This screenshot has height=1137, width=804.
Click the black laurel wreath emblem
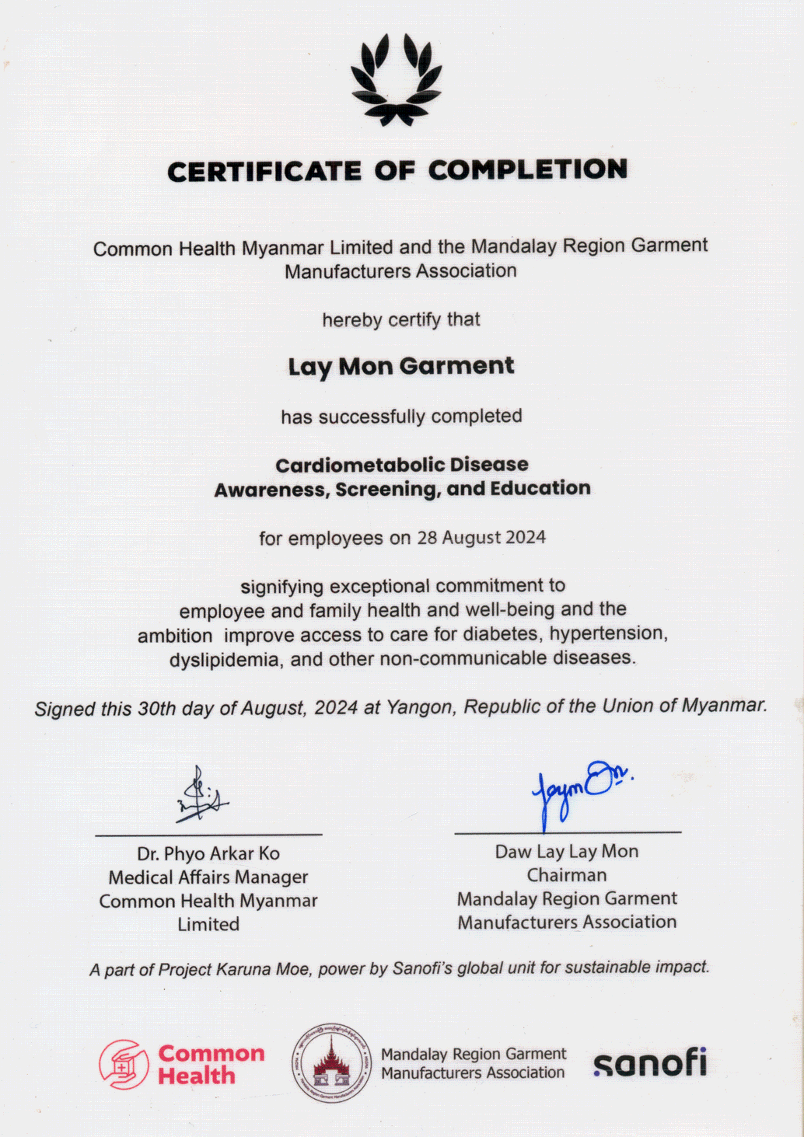click(396, 80)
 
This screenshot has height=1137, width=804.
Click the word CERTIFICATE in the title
click(264, 172)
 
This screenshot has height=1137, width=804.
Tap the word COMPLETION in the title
click(527, 169)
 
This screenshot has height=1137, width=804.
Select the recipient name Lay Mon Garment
click(401, 366)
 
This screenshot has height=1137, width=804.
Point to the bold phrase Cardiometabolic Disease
click(402, 465)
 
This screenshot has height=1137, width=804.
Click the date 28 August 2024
click(481, 538)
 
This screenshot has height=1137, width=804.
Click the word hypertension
click(607, 633)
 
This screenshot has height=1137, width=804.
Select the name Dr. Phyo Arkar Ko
click(208, 853)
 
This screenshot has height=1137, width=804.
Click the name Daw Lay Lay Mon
click(567, 852)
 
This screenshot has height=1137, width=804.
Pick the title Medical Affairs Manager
click(208, 877)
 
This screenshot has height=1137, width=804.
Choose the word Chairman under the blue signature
click(567, 875)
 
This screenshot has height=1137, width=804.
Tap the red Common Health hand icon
click(124, 1065)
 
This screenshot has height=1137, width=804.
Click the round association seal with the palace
click(332, 1063)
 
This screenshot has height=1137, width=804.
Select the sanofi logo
click(650, 1062)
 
